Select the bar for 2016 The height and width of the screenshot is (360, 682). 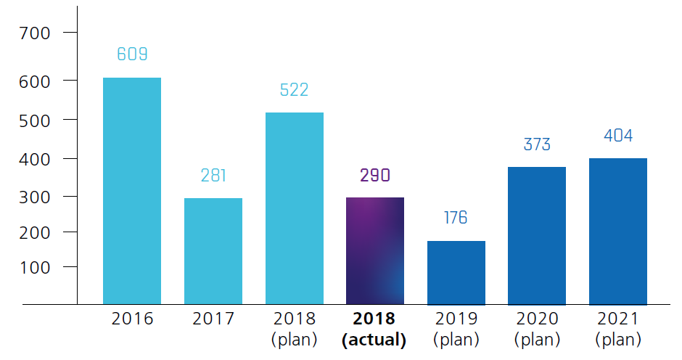132,191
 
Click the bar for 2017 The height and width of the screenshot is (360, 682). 213,251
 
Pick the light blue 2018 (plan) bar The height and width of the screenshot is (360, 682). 295,208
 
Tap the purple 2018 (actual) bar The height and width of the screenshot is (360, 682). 375,250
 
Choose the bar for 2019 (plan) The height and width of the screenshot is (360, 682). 456,272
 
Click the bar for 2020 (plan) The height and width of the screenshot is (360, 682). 537,236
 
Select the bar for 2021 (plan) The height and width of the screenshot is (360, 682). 618,231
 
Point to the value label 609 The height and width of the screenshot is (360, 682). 132,54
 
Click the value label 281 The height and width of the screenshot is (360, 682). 213,175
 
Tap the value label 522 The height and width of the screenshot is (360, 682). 295,90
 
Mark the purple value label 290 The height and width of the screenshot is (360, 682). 375,175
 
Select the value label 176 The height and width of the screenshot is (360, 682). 456,218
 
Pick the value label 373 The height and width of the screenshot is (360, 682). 537,144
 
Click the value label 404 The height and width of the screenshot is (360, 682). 618,136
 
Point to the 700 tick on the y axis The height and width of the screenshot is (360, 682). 36,33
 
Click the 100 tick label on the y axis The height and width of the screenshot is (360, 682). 36,268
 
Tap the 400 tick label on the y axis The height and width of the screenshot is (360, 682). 36,158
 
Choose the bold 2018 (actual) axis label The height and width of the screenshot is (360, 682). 375,329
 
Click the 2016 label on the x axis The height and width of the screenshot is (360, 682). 132,319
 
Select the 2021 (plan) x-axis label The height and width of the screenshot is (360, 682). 618,329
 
